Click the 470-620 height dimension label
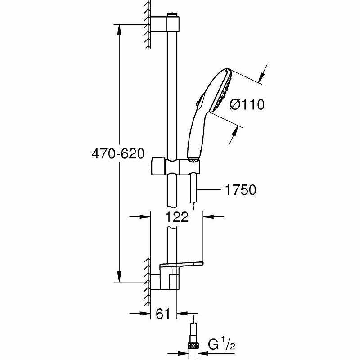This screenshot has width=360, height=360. pyautogui.click(x=117, y=153)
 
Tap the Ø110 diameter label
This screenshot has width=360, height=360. pyautogui.click(x=246, y=105)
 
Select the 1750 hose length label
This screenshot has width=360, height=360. pyautogui.click(x=240, y=190)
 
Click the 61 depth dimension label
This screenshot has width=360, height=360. pyautogui.click(x=163, y=314)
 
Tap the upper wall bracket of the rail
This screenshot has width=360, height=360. pyautogui.click(x=166, y=24)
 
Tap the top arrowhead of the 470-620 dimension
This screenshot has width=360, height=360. pyautogui.click(x=119, y=28)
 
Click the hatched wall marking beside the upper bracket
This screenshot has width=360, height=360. pyautogui.click(x=147, y=22)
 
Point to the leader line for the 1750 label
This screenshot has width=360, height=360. pyautogui.click(x=211, y=191)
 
